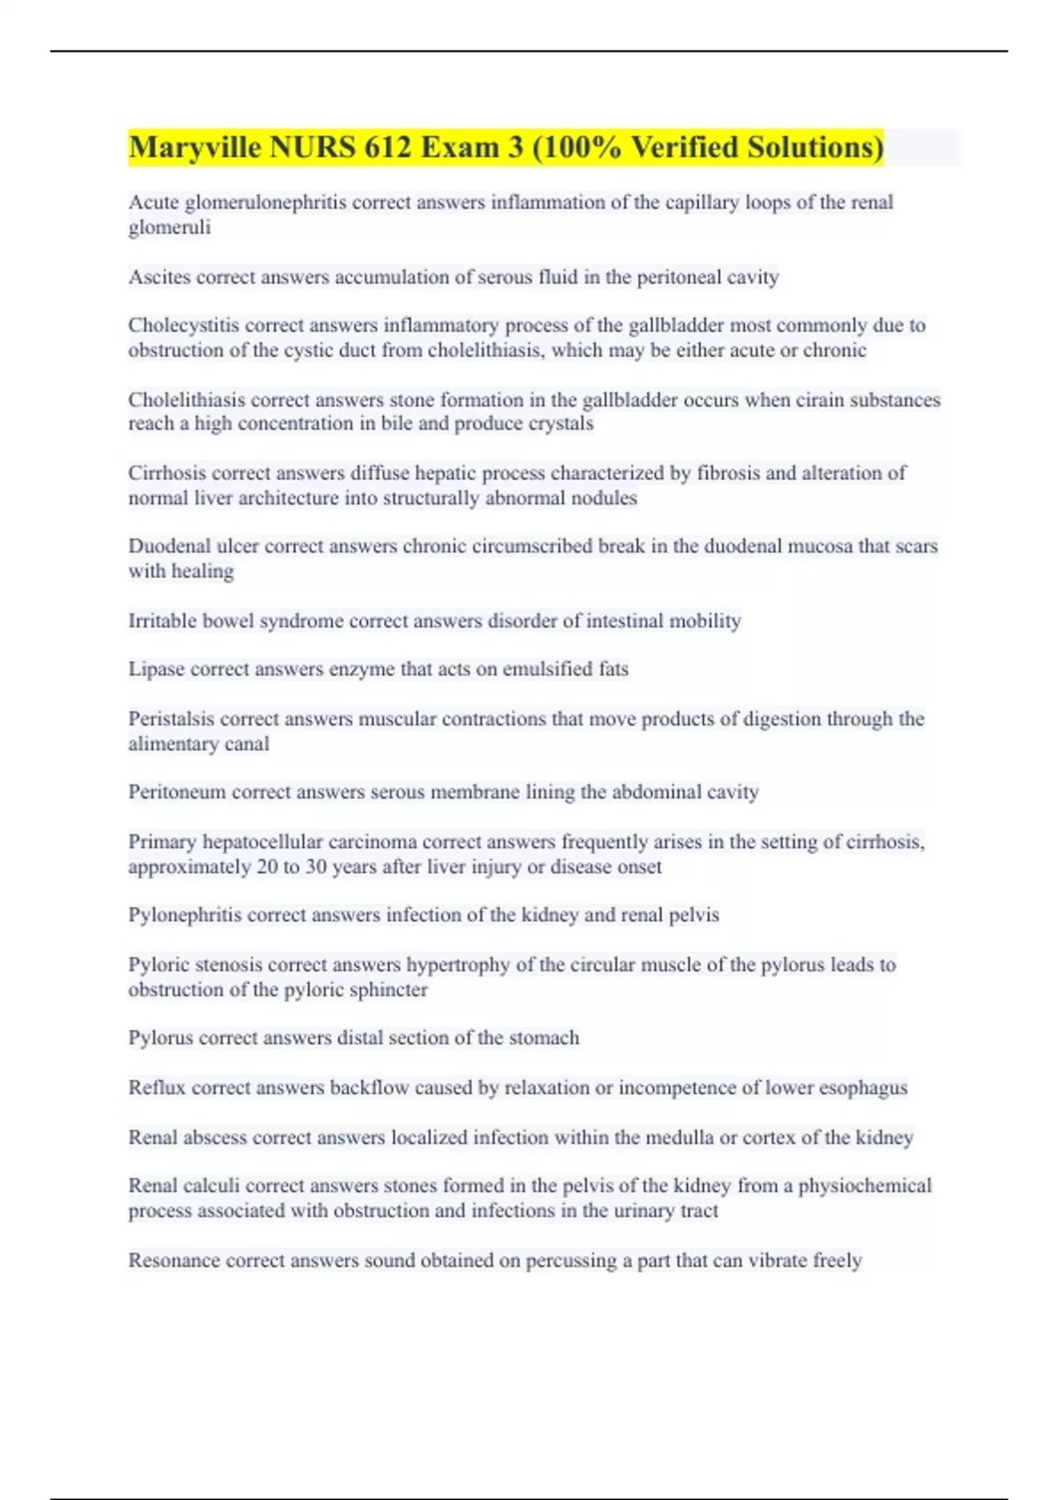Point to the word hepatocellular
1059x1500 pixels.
pyautogui.click(x=262, y=842)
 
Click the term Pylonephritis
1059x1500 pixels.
pyautogui.click(x=184, y=915)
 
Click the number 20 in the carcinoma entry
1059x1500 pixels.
pyautogui.click(x=267, y=866)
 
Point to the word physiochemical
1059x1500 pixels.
pyautogui.click(x=865, y=1186)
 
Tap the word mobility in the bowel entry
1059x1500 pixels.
pyautogui.click(x=704, y=621)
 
